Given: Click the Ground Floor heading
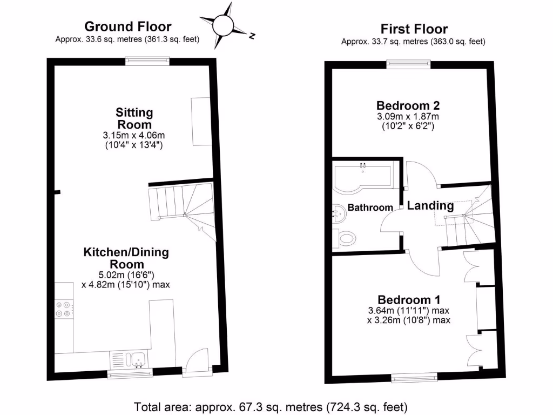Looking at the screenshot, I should [128, 26].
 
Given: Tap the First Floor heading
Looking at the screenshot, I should [414, 29].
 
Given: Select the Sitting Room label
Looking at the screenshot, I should [134, 118].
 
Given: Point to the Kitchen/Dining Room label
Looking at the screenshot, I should [126, 258].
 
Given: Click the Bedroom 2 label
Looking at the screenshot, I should [408, 105].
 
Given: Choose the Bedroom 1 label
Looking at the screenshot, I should [409, 299].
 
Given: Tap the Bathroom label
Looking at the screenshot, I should [370, 207].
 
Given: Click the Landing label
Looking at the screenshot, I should [430, 205].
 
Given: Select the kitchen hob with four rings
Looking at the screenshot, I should [63, 309].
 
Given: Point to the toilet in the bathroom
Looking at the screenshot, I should [346, 237].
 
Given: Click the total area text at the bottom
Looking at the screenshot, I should [270, 406].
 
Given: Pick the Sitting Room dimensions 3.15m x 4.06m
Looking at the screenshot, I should [134, 140].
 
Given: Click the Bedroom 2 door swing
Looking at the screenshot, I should [422, 173].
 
